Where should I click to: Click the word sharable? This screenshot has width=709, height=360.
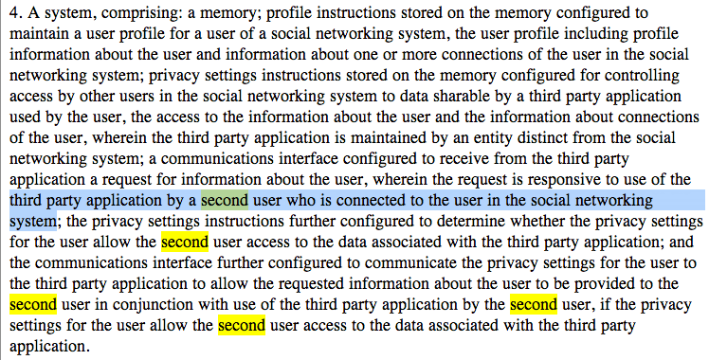click(x=463, y=97)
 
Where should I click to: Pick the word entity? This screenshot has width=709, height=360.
click(x=492, y=138)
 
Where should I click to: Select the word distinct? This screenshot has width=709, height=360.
click(x=542, y=137)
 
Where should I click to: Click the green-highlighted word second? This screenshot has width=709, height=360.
click(x=225, y=201)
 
